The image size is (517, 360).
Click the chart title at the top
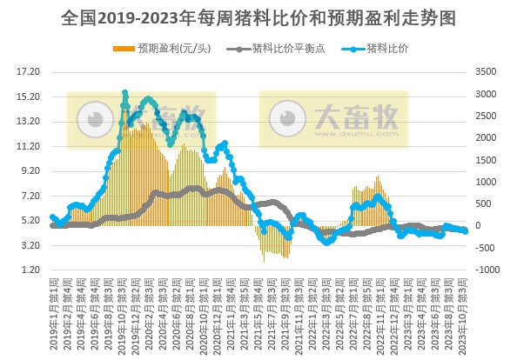pyautogui.click(x=258, y=17)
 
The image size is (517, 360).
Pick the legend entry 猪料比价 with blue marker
pyautogui.click(x=386, y=48)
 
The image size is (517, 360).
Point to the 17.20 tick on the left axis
pyautogui.click(x=29, y=71)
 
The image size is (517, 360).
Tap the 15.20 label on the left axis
pyautogui.click(x=29, y=97)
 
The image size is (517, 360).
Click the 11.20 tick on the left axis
pyautogui.click(x=29, y=146)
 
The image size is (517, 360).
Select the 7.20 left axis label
pyautogui.click(x=29, y=196)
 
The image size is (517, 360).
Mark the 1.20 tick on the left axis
pyautogui.click(x=29, y=270)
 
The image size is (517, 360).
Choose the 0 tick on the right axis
pyautogui.click(x=484, y=226)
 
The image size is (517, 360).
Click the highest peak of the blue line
pyautogui.click(x=125, y=92)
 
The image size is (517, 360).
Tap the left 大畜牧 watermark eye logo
pyautogui.click(x=90, y=117)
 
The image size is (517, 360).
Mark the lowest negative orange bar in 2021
pyautogui.click(x=264, y=259)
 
